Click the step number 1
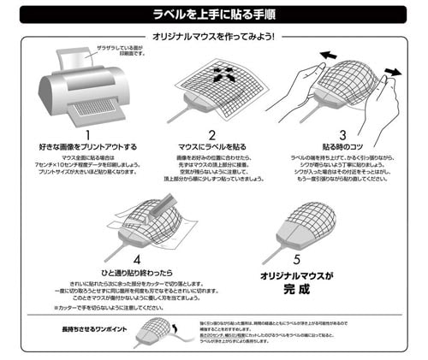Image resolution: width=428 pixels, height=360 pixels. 86,135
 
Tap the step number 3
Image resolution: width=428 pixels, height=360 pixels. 342,135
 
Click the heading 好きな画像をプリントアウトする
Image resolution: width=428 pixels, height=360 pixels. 86,148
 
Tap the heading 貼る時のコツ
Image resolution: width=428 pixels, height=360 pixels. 342,148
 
